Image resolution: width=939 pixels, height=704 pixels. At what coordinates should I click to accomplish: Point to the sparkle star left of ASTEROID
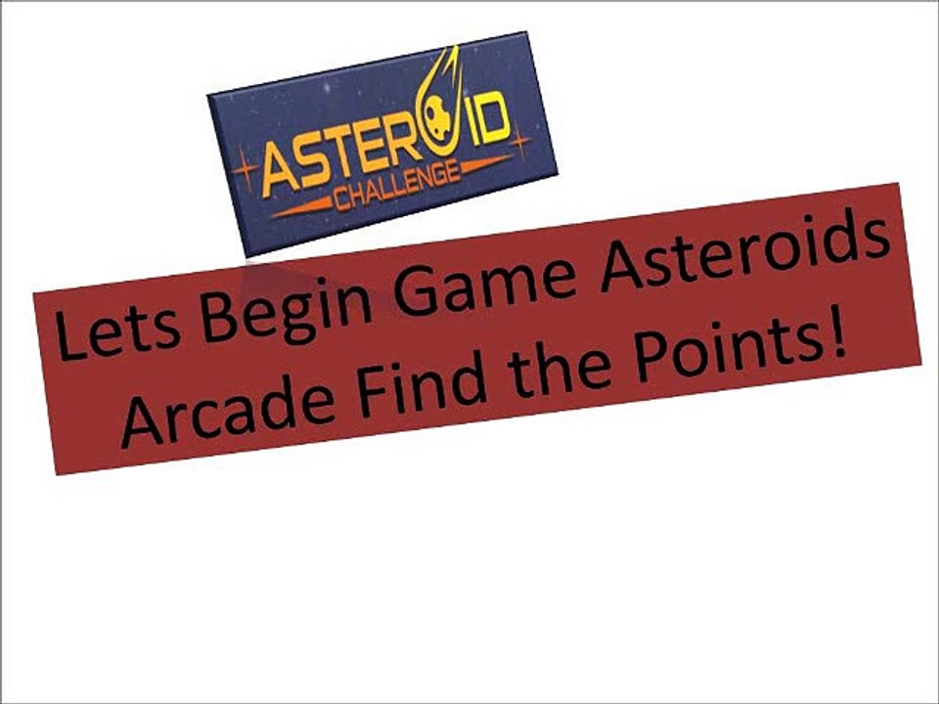tap(245, 172)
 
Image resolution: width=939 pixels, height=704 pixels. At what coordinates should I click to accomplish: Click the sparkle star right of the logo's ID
tap(519, 143)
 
